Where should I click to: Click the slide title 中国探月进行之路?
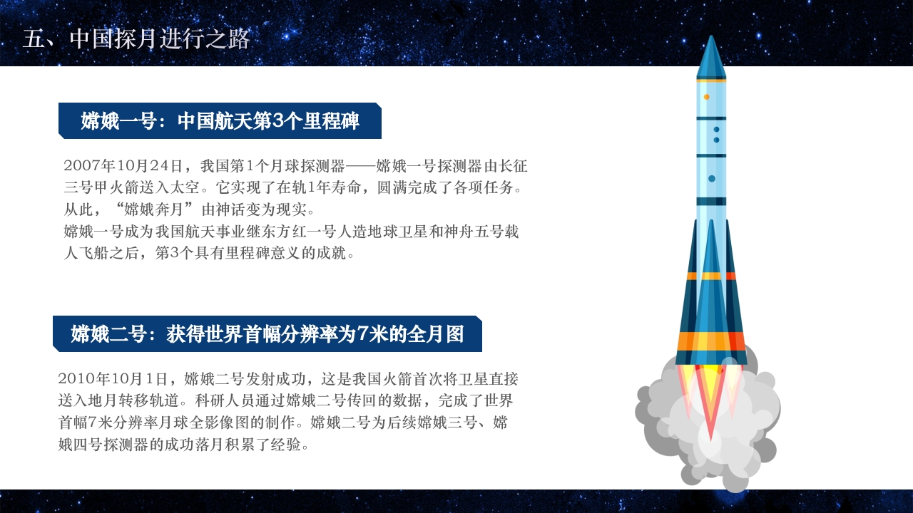[x=160, y=38]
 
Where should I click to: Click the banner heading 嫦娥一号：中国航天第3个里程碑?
[x=220, y=121]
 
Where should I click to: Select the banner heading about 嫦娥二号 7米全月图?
[x=267, y=334]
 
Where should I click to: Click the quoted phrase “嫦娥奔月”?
[x=159, y=210]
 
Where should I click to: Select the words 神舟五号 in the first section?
[x=474, y=232]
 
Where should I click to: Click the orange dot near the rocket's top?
[x=706, y=97]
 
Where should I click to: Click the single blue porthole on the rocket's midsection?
[x=711, y=178]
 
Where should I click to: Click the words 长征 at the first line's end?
[x=512, y=166]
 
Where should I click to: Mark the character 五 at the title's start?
[x=34, y=38]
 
